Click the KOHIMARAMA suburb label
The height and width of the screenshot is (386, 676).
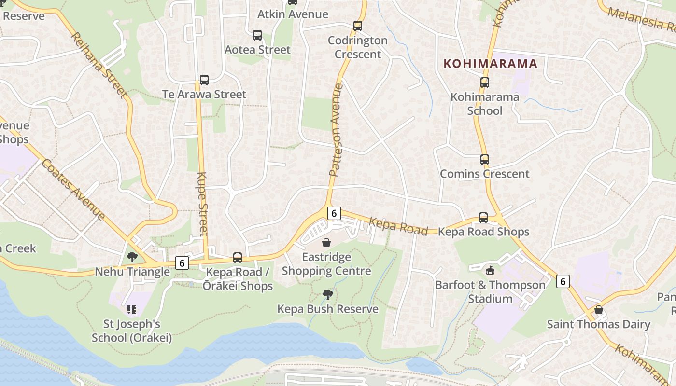(x=490, y=64)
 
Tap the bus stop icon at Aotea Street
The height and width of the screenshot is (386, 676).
(x=257, y=35)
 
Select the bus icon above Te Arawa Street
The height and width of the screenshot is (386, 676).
(x=204, y=80)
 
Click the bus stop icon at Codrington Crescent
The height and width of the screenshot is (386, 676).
(x=358, y=26)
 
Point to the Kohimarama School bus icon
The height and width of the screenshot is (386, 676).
(x=485, y=83)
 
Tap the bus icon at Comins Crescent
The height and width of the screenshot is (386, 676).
(x=485, y=160)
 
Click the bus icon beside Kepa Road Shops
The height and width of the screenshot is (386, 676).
(x=483, y=218)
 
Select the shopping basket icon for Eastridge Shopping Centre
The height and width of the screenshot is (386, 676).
(x=326, y=242)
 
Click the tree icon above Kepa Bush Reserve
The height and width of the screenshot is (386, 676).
(x=328, y=294)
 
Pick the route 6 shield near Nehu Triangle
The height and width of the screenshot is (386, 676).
(x=182, y=263)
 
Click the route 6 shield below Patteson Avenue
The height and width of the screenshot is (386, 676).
(x=334, y=213)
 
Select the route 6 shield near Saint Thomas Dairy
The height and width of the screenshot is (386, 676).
(x=563, y=281)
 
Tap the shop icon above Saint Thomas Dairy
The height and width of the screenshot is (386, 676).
(x=599, y=310)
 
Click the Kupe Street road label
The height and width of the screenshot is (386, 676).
(x=203, y=204)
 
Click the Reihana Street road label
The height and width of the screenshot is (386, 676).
(x=100, y=65)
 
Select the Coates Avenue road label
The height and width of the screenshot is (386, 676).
(x=73, y=189)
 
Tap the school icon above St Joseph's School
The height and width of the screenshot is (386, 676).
(x=132, y=309)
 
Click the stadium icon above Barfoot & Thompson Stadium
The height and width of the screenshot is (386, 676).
(x=491, y=270)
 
